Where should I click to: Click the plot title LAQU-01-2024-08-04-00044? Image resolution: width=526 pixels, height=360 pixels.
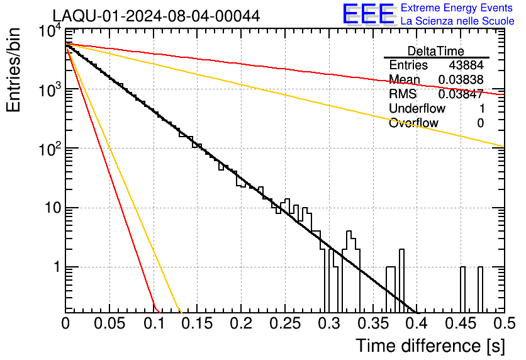[x=156, y=16]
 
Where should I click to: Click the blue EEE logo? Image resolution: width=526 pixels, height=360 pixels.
[x=369, y=14]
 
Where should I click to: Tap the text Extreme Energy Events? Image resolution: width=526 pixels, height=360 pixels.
[x=457, y=8]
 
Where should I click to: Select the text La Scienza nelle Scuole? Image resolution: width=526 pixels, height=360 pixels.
[x=457, y=21]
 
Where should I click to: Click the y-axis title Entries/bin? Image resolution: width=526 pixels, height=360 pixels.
[x=13, y=70]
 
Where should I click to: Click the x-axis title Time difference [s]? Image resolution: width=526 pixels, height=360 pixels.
[x=430, y=346]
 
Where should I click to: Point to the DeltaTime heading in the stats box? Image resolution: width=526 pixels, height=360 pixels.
[x=436, y=51]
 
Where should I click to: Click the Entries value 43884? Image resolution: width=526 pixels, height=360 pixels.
[x=466, y=65]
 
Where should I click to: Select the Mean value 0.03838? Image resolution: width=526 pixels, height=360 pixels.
[x=461, y=79]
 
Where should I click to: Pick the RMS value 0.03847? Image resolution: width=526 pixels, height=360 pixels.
[x=461, y=94]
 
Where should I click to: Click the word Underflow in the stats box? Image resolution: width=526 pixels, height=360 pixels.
[x=417, y=108]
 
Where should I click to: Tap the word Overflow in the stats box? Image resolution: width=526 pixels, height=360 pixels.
[x=413, y=123]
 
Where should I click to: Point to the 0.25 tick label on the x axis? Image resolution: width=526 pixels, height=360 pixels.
[x=285, y=323]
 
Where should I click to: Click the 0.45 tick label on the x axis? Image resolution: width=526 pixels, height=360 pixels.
[x=461, y=323]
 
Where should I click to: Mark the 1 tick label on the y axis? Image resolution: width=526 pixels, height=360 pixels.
[x=57, y=267]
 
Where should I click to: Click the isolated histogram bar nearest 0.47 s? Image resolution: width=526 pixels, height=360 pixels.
[x=480, y=290]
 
